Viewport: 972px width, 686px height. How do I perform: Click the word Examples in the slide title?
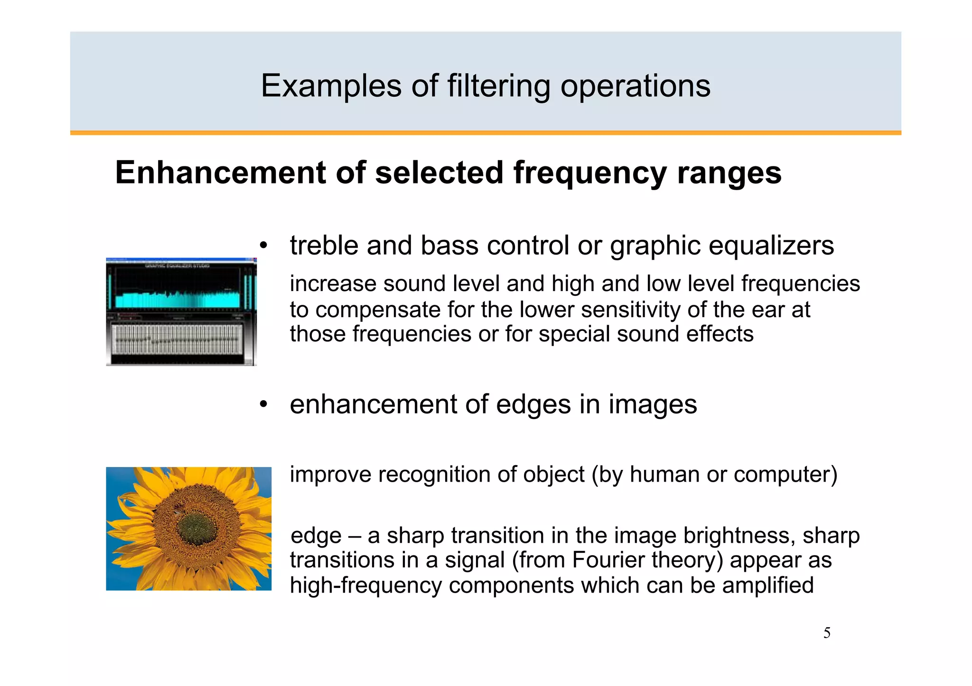(331, 86)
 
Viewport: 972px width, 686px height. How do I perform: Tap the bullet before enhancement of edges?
(264, 404)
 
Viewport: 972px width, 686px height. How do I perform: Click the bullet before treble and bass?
(264, 246)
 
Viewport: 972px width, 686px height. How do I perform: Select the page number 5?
(827, 633)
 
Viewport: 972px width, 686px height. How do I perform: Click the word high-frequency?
(366, 585)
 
